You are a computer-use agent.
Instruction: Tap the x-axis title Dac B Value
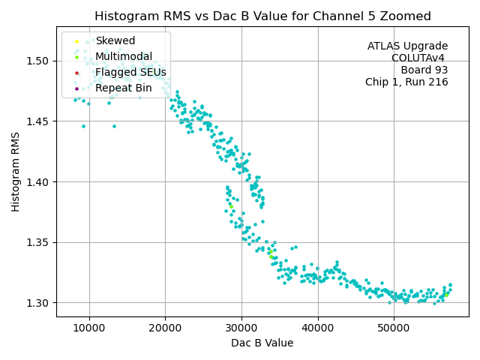262,343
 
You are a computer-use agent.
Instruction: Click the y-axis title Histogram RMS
16,172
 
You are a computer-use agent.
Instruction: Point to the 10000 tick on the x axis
89,328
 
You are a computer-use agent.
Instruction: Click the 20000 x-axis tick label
165,328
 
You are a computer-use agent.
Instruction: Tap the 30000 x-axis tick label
241,328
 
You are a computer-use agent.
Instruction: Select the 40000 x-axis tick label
317,328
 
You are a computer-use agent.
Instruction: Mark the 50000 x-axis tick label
394,328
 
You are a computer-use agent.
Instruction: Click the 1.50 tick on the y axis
38,61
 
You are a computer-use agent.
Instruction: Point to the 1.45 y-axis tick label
38,121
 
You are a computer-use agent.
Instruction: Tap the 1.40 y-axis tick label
38,181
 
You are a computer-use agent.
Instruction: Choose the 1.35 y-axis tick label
38,242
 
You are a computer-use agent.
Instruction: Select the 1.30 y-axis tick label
38,303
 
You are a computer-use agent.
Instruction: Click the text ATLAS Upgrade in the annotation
407,46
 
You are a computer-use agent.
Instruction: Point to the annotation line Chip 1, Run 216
406,82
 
